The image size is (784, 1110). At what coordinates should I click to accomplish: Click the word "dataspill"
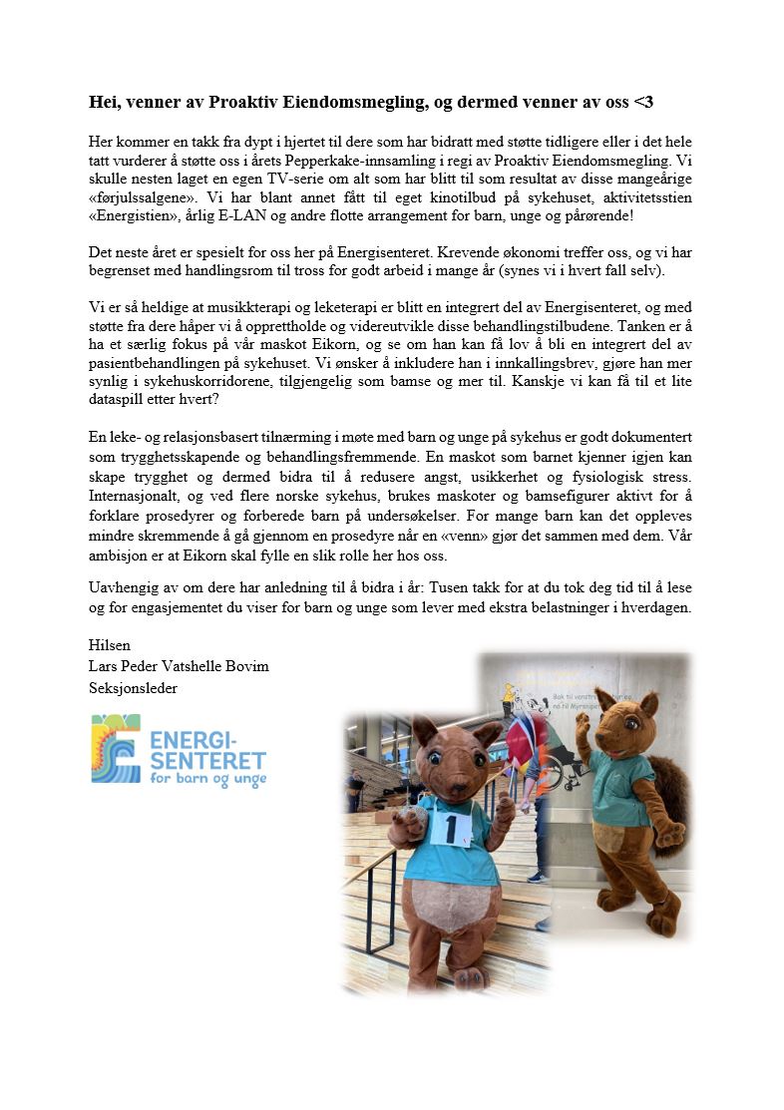pyautogui.click(x=119, y=401)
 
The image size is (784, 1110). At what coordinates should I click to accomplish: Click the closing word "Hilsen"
pyautogui.click(x=109, y=645)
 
